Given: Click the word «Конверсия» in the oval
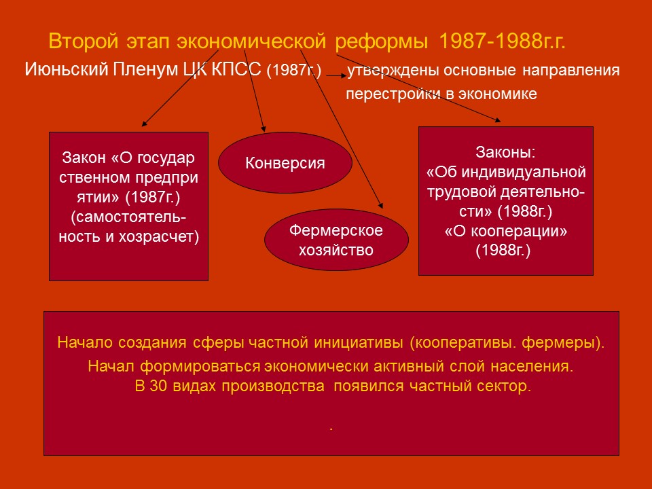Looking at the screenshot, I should (x=285, y=164).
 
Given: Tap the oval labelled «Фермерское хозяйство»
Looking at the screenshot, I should (x=336, y=240).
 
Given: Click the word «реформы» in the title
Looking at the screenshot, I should (x=382, y=42).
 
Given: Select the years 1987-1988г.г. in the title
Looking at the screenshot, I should (x=503, y=42).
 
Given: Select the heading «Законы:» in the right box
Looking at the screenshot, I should (x=506, y=152).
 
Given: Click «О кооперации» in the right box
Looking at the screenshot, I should (x=506, y=231).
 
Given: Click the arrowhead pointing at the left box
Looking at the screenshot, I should (x=144, y=125).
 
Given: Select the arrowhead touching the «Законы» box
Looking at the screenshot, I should (x=499, y=120).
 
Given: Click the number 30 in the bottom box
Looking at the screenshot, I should (x=153, y=387).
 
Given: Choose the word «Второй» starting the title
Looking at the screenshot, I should (x=75, y=42).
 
